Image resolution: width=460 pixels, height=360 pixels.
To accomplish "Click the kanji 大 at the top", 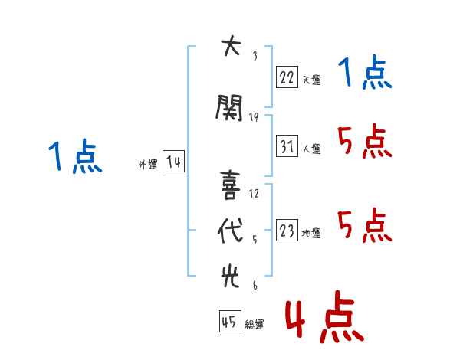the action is (x=232, y=45).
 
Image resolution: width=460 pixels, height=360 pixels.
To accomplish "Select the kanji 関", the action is (x=229, y=108).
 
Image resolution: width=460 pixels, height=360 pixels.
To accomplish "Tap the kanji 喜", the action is (x=230, y=185).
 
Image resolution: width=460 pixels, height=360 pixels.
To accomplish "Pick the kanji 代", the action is (x=231, y=231).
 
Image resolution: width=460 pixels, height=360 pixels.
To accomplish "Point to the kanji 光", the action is (x=230, y=276).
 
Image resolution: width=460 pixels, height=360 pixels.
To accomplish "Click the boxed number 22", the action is (x=287, y=77).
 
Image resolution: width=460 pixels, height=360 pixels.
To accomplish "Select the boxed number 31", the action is (x=287, y=146).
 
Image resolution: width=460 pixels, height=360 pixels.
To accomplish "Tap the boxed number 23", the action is (x=287, y=230).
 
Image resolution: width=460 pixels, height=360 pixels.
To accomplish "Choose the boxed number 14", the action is (x=173, y=162).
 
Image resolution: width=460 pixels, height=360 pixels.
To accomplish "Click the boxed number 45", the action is (x=230, y=321).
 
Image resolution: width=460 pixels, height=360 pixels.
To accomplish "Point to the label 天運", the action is (x=311, y=80).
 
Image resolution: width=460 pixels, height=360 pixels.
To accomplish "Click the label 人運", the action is (x=311, y=149).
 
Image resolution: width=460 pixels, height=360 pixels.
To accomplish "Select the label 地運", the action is (x=311, y=233).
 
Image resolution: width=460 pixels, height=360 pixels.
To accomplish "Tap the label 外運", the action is (x=148, y=164).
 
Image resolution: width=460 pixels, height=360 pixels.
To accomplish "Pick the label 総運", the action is (x=255, y=324).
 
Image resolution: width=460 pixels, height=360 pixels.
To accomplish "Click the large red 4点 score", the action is (x=324, y=316).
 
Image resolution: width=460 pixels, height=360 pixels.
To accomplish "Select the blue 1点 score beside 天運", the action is (x=365, y=72).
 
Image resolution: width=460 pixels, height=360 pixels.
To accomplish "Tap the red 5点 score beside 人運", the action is (x=365, y=141).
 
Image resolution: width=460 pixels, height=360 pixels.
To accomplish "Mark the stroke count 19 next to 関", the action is (x=254, y=117).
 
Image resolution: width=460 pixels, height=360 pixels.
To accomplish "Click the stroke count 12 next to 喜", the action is (x=254, y=194).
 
